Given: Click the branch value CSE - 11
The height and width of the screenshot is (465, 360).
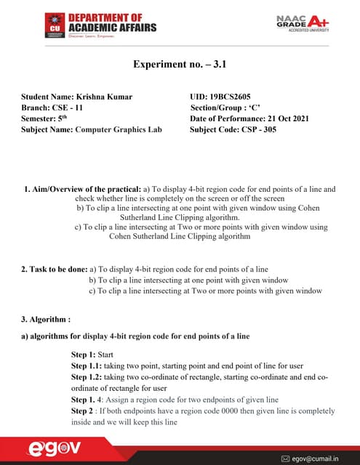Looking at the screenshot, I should click(73, 107).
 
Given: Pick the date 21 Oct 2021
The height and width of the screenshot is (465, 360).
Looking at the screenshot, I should click(291, 118).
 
